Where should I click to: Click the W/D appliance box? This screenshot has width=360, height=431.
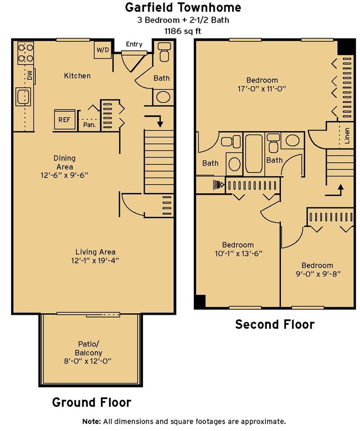pyautogui.click(x=102, y=50)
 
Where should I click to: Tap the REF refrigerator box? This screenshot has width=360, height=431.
pyautogui.click(x=64, y=120)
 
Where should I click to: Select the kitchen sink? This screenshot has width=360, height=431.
pyautogui.click(x=23, y=96)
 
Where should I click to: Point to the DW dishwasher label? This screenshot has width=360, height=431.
pyautogui.click(x=30, y=75)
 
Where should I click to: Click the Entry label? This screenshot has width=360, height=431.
pyautogui.click(x=134, y=44)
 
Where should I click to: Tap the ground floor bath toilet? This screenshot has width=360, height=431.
pyautogui.click(x=164, y=51)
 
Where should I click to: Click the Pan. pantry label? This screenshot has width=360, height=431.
pyautogui.click(x=90, y=125)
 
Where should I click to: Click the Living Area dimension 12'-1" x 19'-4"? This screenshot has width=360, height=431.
pyautogui.click(x=95, y=260)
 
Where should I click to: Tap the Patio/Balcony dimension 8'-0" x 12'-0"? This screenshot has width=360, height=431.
pyautogui.click(x=88, y=361)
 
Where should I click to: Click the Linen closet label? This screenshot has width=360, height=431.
pyautogui.click(x=347, y=136)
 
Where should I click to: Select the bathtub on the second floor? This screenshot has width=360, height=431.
pyautogui.click(x=254, y=153)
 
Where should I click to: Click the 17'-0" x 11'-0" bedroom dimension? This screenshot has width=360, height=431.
pyautogui.click(x=262, y=89)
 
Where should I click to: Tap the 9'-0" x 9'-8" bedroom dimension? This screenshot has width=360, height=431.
pyautogui.click(x=318, y=274)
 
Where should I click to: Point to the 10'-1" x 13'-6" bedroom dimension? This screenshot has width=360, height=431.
pyautogui.click(x=238, y=253)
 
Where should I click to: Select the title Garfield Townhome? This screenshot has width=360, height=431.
pyautogui.click(x=183, y=7)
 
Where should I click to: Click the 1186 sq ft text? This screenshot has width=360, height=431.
pyautogui.click(x=183, y=31)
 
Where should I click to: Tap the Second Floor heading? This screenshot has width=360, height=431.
pyautogui.click(x=275, y=324)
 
